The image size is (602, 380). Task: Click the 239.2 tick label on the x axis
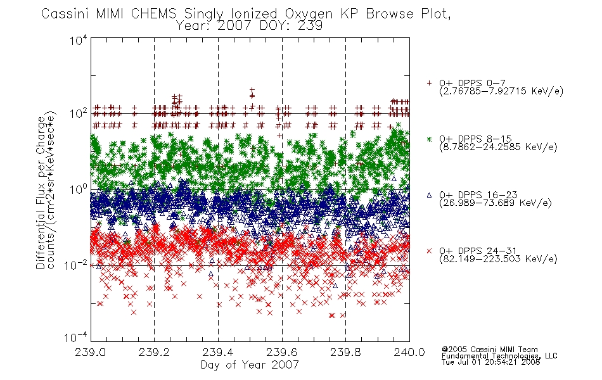154,352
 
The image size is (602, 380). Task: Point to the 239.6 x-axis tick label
282,352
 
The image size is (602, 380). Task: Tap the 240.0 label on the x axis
409,352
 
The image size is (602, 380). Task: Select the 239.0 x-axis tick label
90,352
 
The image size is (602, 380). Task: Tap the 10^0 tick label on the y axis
79,189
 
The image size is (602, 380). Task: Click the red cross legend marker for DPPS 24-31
429,251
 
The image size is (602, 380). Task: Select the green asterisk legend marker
429,139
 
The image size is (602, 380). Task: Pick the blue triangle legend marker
429,195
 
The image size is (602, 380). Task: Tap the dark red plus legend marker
429,83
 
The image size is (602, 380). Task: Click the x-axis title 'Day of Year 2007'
250,365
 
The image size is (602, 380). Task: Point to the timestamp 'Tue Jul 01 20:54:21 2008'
491,362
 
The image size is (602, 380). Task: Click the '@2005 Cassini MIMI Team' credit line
489,350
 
